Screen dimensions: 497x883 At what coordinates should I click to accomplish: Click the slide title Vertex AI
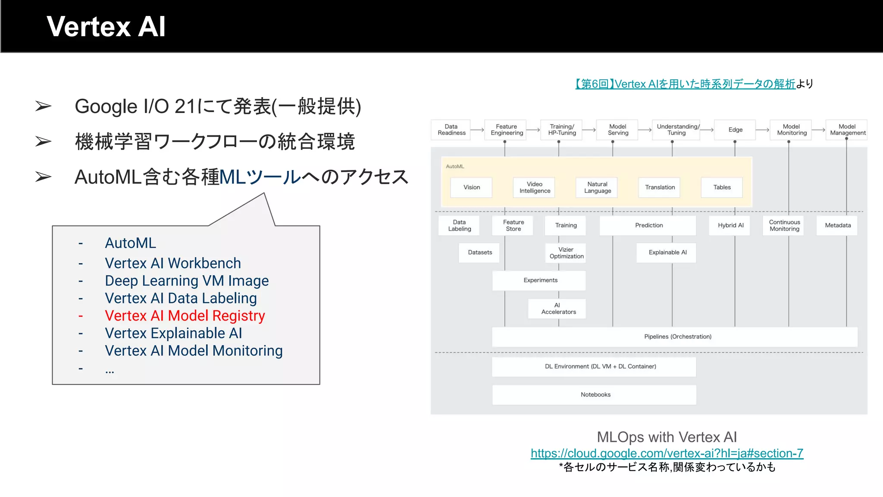click(x=106, y=27)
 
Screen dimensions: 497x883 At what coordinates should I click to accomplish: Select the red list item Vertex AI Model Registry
click(x=185, y=316)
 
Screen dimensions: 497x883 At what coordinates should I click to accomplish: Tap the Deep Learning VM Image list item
click(x=186, y=281)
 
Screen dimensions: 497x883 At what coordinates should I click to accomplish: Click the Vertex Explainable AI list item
click(x=173, y=333)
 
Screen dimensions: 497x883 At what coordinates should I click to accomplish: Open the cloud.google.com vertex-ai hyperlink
click(x=667, y=453)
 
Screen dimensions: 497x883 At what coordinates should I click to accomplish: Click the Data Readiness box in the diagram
click(x=451, y=130)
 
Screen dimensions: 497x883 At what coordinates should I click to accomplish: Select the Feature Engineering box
click(x=507, y=130)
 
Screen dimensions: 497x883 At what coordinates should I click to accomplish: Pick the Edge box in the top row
click(x=735, y=130)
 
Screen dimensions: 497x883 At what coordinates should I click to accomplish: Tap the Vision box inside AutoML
click(x=471, y=187)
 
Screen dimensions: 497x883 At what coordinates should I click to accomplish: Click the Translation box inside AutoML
click(x=660, y=187)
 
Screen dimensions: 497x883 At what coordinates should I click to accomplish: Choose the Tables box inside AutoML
click(x=722, y=187)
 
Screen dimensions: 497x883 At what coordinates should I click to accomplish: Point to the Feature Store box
click(x=513, y=226)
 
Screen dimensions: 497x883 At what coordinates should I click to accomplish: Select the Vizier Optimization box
click(x=566, y=253)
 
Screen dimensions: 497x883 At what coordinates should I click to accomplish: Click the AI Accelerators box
click(x=558, y=308)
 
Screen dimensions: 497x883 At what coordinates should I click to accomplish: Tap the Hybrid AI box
click(x=730, y=225)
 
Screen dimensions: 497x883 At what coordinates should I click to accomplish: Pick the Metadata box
click(x=837, y=225)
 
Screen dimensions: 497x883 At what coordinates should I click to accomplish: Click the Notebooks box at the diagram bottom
click(x=595, y=395)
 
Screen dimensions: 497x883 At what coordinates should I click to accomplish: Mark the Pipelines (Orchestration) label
click(x=677, y=337)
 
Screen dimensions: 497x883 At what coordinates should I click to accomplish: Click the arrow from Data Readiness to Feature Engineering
click(x=477, y=130)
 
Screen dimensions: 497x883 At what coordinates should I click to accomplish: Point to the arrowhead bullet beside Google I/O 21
click(x=43, y=106)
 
